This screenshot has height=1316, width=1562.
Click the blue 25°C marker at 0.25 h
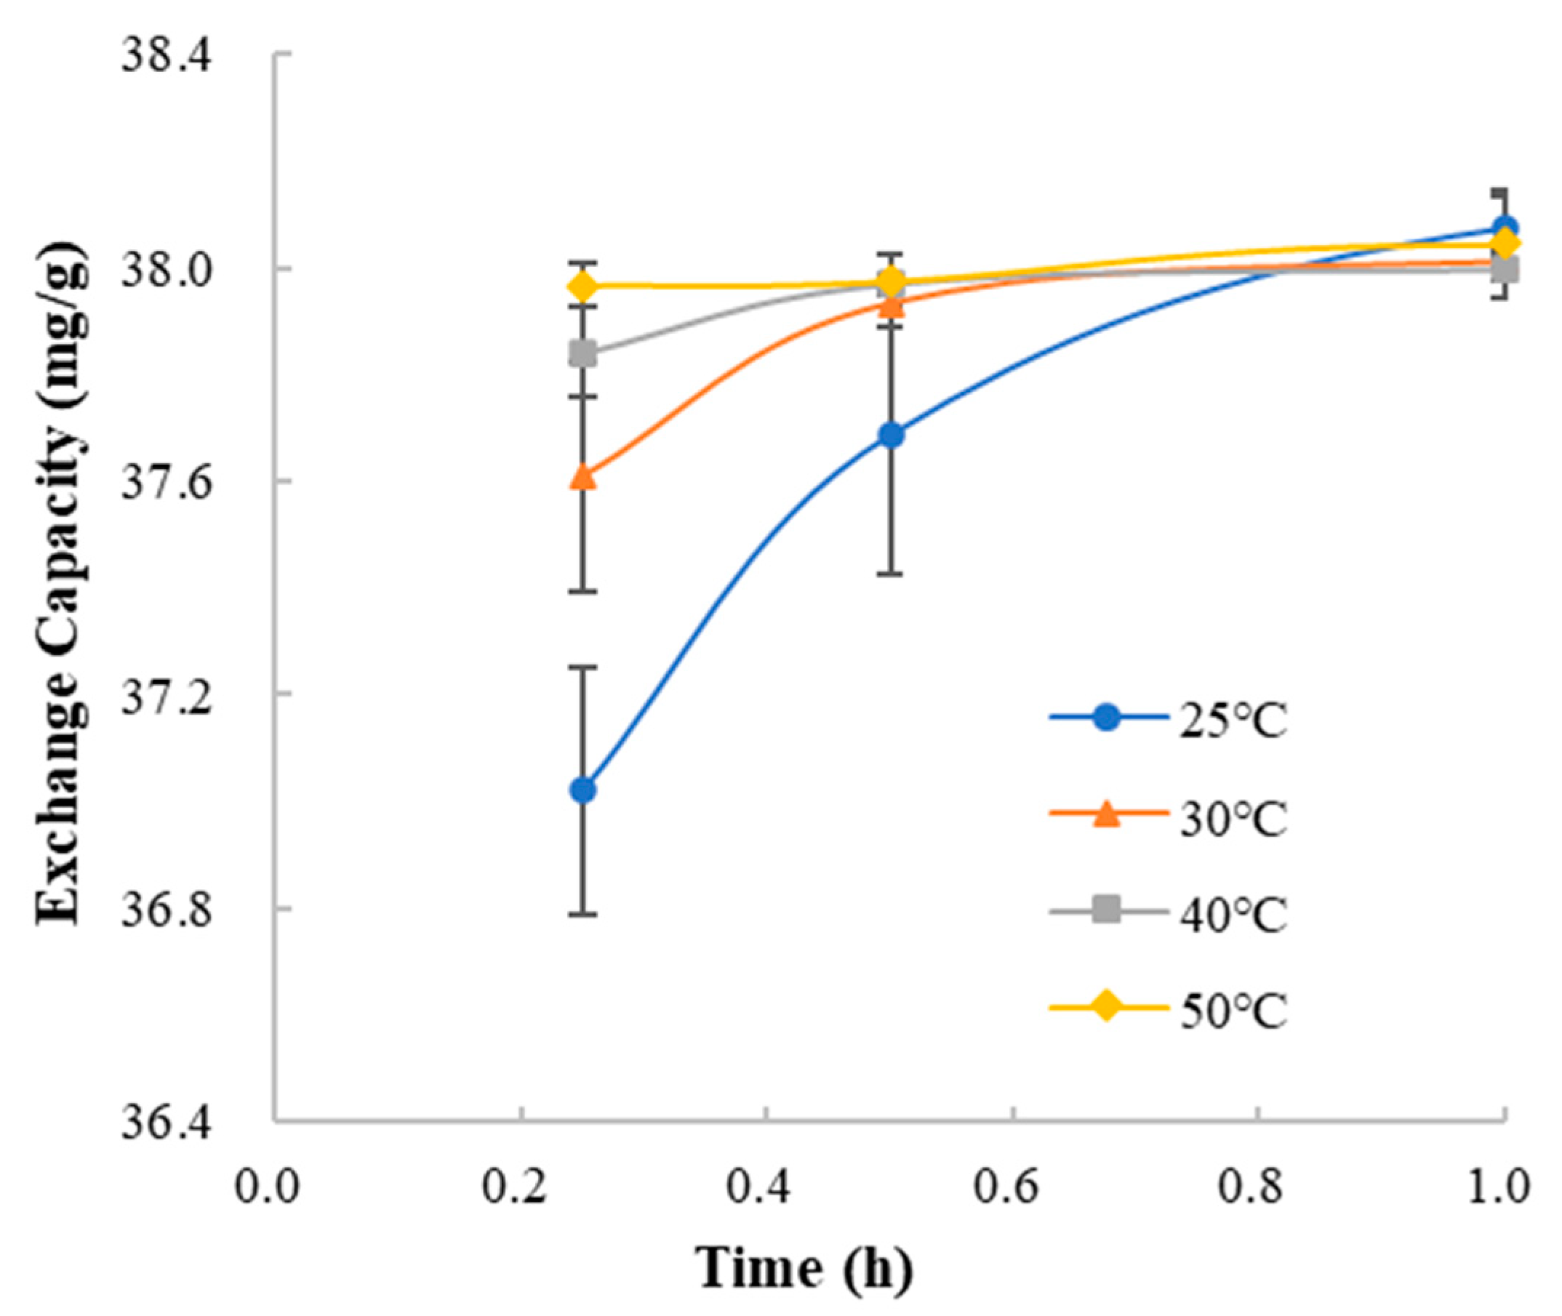pos(582,790)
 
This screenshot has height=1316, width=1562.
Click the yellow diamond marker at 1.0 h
pos(1505,244)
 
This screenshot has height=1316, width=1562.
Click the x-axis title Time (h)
pos(806,1268)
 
